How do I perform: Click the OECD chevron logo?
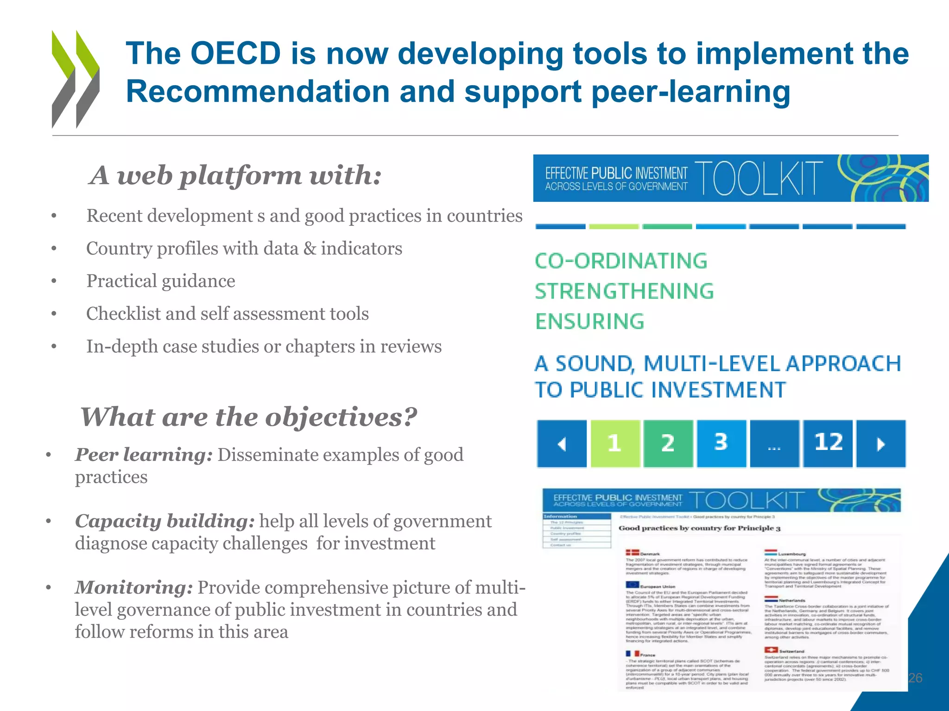(76, 79)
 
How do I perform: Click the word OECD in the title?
(236, 53)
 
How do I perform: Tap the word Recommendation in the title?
(258, 91)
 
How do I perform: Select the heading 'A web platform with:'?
(235, 175)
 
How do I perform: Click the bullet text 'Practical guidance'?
(160, 281)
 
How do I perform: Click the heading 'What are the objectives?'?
(249, 417)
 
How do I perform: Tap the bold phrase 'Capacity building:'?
(164, 521)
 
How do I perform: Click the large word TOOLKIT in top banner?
(759, 179)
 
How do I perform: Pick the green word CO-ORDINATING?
(621, 261)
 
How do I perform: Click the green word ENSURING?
(589, 321)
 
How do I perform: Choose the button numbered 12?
(828, 443)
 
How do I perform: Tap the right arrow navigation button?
(881, 443)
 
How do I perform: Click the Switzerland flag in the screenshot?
(771, 650)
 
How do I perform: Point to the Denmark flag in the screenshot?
(632, 553)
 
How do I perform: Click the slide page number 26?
(915, 678)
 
